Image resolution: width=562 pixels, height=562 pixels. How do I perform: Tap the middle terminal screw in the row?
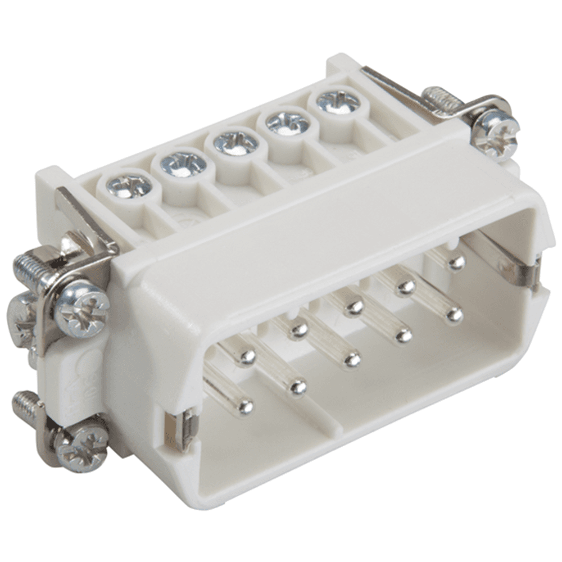coord(235,143)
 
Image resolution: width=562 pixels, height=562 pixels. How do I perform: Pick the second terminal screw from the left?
coord(183,164)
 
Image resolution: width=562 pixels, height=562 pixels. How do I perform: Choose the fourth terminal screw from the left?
coord(287,122)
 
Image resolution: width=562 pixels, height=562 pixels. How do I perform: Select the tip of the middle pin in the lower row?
coord(352,358)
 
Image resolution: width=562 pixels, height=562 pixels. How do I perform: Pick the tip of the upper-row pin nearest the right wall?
coord(456,262)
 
